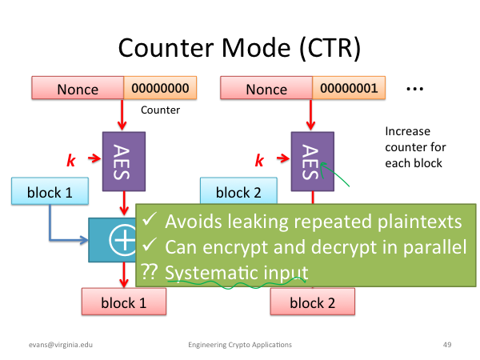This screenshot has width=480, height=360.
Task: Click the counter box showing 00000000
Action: click(160, 88)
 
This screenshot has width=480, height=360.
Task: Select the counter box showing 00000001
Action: click(349, 88)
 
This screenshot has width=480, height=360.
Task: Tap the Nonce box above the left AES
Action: click(78, 88)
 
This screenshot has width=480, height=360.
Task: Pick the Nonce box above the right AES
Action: click(266, 88)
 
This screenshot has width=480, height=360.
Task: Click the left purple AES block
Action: click(124, 162)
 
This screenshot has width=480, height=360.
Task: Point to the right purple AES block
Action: click(313, 162)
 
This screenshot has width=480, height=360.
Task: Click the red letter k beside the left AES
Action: click(71, 160)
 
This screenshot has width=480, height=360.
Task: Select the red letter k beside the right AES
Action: click(259, 160)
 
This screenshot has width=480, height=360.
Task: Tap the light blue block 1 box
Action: click(50, 191)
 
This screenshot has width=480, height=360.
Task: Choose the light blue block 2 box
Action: click(238, 190)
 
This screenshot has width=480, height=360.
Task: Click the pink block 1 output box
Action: click(124, 302)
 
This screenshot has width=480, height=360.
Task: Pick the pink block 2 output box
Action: click(313, 302)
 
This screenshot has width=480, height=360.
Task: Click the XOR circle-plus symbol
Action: click(122, 240)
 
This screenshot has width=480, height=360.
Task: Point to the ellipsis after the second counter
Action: click(414, 89)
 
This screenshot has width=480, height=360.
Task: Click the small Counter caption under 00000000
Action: click(161, 110)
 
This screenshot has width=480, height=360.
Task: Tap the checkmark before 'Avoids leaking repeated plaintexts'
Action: click(150, 219)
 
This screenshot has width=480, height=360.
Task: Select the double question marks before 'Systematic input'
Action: click(149, 271)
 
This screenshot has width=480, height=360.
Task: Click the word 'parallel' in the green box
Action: click(434, 246)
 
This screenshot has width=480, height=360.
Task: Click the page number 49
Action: click(447, 345)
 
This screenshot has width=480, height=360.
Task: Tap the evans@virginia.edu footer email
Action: click(61, 345)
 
